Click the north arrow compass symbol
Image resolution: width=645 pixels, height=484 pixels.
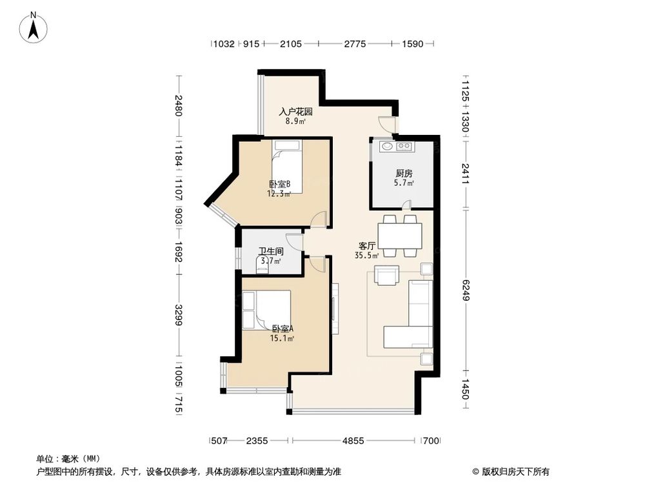tap(34, 28)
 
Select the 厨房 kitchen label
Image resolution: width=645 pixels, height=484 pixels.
tap(404, 174)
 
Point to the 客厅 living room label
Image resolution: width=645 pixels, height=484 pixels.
tap(367, 246)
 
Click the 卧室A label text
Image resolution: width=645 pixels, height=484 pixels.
tap(283, 328)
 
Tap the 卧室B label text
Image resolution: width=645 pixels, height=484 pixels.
tap(279, 183)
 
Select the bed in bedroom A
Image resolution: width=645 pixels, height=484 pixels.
tap(266, 310)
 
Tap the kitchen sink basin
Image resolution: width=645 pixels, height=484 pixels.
tap(386, 146)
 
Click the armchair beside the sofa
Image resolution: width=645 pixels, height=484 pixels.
tap(387, 276)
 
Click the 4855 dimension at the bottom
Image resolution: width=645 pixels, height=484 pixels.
tap(353, 441)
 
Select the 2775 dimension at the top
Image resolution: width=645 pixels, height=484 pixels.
tap(355, 44)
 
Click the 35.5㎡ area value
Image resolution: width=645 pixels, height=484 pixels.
tap(366, 256)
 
